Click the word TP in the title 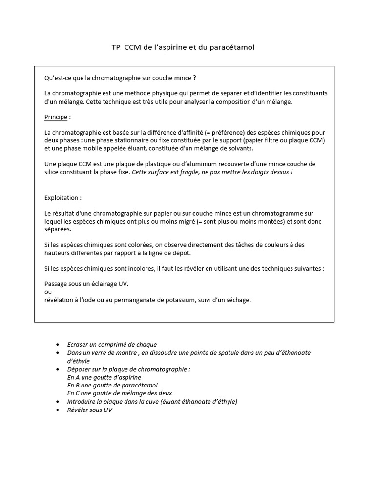click(116, 47)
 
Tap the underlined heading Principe click(56, 118)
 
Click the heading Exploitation click(63, 198)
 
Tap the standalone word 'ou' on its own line click(48, 292)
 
